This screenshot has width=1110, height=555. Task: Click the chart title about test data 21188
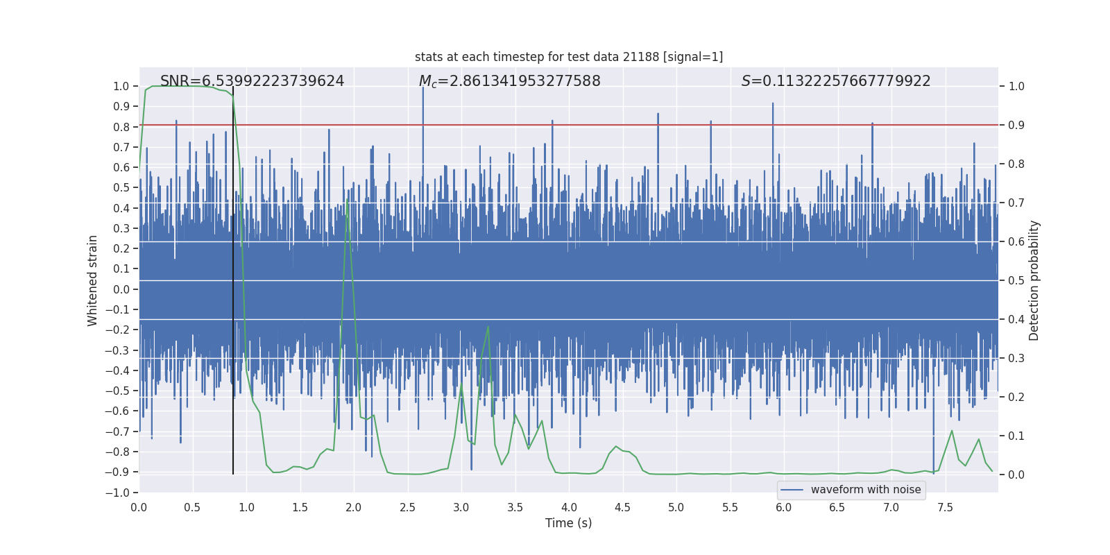569,57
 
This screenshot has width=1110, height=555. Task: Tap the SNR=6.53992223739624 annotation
252,81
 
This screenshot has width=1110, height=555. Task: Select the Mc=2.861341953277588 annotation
509,81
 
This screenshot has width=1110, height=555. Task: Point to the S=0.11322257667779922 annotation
836,81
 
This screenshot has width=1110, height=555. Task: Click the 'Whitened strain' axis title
92,280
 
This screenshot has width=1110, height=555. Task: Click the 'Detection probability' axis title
1034,280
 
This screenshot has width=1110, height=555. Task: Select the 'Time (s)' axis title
568,523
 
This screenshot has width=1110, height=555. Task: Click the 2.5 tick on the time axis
407,507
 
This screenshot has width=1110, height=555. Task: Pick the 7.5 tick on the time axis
945,507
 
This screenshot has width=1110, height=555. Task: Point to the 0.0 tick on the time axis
139,507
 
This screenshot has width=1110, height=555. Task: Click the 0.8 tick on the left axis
121,127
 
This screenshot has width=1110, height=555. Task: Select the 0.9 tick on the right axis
1016,126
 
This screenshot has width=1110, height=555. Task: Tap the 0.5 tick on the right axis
1016,281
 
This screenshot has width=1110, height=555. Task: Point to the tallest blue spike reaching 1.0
423,87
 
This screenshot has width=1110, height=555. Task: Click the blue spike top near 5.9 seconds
773,104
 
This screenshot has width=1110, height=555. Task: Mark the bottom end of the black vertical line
233,474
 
